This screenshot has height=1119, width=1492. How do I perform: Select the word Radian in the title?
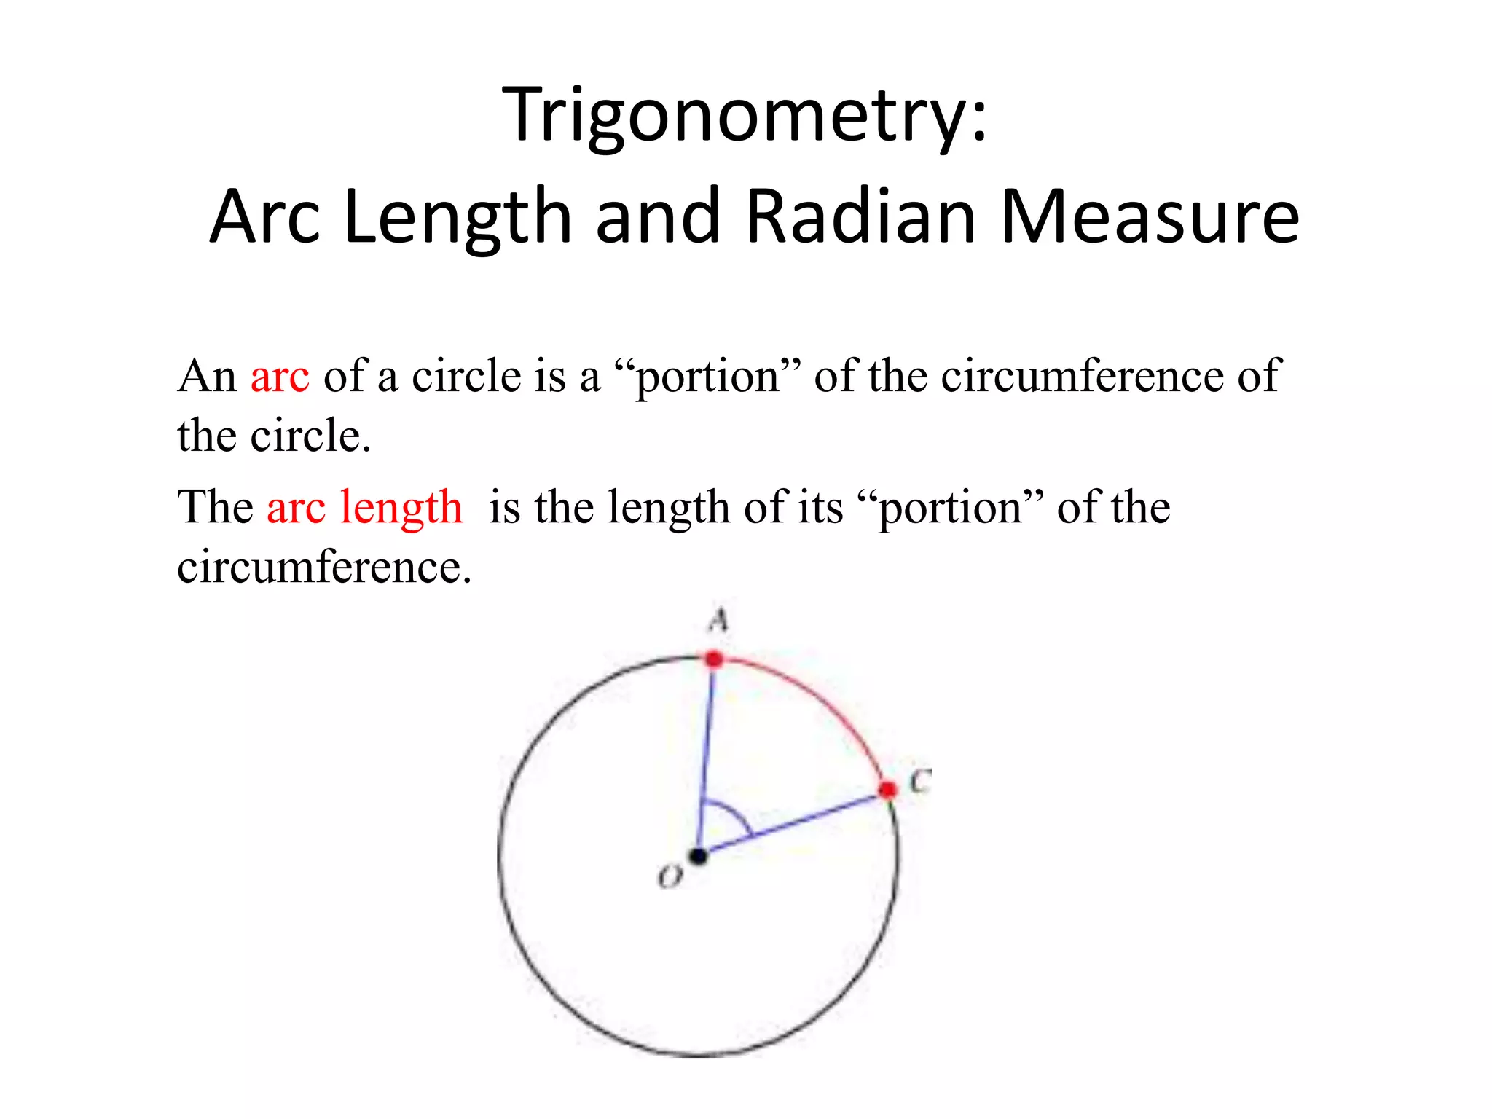[861, 216]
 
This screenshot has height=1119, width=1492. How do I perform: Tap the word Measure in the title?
[1150, 216]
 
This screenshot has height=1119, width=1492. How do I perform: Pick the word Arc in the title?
[264, 216]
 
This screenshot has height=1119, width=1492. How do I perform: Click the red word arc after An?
[280, 377]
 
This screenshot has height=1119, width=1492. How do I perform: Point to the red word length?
[401, 507]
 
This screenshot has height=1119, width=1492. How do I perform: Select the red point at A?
[715, 659]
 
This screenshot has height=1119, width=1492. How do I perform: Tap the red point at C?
[887, 790]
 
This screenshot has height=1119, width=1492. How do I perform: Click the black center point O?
[699, 856]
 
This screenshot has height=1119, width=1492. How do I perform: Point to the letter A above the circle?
[718, 621]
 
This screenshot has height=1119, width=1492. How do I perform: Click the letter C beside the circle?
[920, 782]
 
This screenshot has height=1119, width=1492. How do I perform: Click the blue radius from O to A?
[707, 758]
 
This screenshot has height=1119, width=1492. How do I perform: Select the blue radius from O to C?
[794, 823]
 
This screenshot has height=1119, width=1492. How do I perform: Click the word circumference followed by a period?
[324, 567]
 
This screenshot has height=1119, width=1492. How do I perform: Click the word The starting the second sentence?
[216, 507]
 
